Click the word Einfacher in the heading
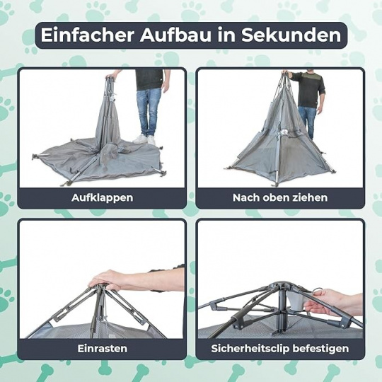pyautogui.click(x=88, y=35)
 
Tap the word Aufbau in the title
pyautogui.click(x=175, y=35)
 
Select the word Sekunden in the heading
pyautogui.click(x=291, y=35)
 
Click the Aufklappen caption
pyautogui.click(x=103, y=198)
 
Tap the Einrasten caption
pyautogui.click(x=103, y=349)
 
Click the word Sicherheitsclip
pyautogui.click(x=250, y=349)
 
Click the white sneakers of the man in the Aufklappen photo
pyautogui.click(x=144, y=139)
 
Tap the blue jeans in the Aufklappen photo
pyautogui.click(x=148, y=112)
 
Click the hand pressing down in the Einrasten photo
pyautogui.click(x=108, y=280)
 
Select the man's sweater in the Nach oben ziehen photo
pyautogui.click(x=308, y=89)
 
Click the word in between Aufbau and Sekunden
pyautogui.click(x=226, y=35)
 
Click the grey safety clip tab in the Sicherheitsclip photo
pyautogui.click(x=296, y=301)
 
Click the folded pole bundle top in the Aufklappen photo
pyautogui.click(x=110, y=78)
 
